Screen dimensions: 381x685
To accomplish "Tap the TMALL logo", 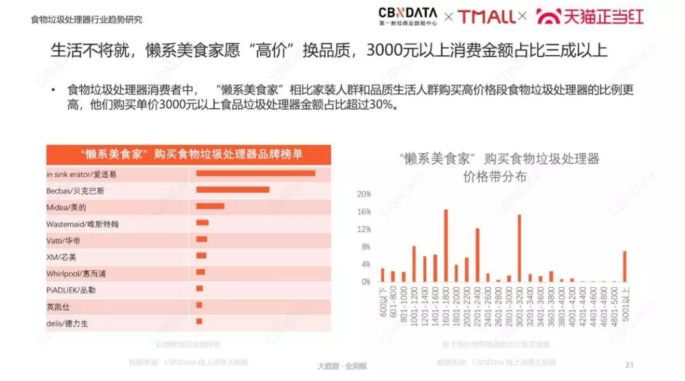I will click(486, 16).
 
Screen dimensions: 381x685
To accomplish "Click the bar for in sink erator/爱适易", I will click(256, 174).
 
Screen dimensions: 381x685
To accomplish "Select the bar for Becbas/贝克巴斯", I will click(233, 190).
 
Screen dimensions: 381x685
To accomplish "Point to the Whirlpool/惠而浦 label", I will click(72, 273).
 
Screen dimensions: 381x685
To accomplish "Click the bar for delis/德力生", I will click(199, 322).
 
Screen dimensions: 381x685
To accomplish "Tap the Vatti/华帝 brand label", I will click(63, 240).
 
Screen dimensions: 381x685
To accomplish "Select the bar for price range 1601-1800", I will click(446, 245).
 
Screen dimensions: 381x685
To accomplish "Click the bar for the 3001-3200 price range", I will click(519, 248).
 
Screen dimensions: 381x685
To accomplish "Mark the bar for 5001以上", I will click(625, 266).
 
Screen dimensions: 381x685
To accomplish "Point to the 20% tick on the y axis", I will click(364, 193).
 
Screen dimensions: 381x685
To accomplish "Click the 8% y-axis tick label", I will click(365, 247).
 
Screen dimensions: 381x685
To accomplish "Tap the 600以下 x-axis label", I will click(383, 301).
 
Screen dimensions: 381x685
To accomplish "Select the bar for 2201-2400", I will click(477, 255).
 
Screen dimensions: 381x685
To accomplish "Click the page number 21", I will click(630, 365).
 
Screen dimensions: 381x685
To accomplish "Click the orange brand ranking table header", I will click(188, 154).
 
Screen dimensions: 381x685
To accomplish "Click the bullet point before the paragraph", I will click(55, 89).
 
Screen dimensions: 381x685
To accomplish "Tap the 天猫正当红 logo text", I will click(590, 16).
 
